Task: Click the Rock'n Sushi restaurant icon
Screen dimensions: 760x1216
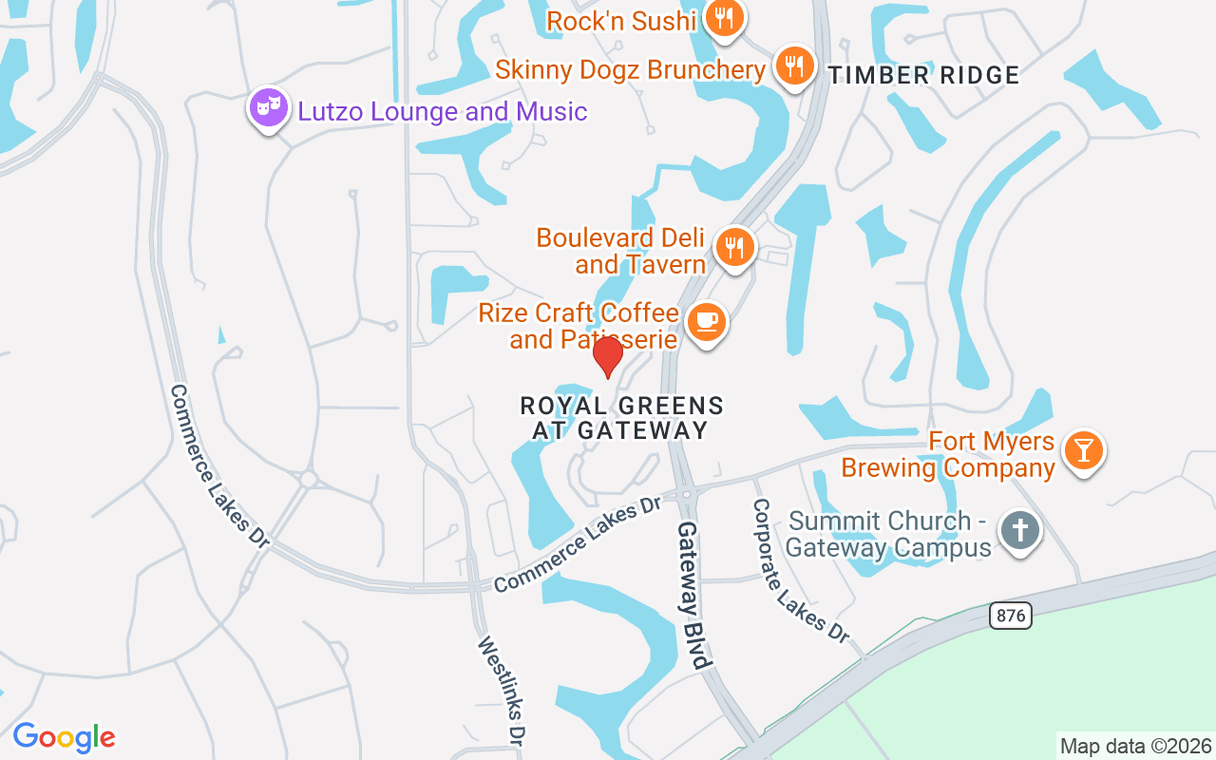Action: coord(725,19)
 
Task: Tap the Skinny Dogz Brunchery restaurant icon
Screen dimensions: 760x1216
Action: coord(793,66)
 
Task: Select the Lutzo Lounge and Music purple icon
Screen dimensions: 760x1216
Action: coord(269,108)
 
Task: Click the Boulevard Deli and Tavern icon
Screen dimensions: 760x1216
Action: coord(734,247)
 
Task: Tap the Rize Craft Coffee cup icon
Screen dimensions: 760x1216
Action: coord(706,321)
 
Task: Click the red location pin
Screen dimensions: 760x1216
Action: coord(607,357)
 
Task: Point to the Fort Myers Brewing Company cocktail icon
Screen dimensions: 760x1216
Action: coord(1083,449)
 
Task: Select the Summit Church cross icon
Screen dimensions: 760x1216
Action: coord(1021,530)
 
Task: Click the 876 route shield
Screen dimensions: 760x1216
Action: coord(1011,616)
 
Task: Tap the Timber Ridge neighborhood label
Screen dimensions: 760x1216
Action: coord(924,75)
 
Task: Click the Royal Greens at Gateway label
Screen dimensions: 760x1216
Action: coord(621,418)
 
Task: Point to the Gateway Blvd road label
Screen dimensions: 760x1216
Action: coord(693,595)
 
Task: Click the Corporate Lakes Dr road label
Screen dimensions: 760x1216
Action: coord(801,570)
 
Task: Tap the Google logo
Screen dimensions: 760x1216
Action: coord(64,737)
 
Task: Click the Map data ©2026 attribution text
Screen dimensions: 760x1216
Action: coord(1135,747)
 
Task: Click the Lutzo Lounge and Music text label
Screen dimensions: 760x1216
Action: coord(443,111)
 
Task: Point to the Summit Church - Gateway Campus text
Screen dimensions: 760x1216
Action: coord(889,534)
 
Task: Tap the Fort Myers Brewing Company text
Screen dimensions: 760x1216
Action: coord(948,455)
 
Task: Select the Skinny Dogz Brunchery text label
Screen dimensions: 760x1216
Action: coord(630,69)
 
